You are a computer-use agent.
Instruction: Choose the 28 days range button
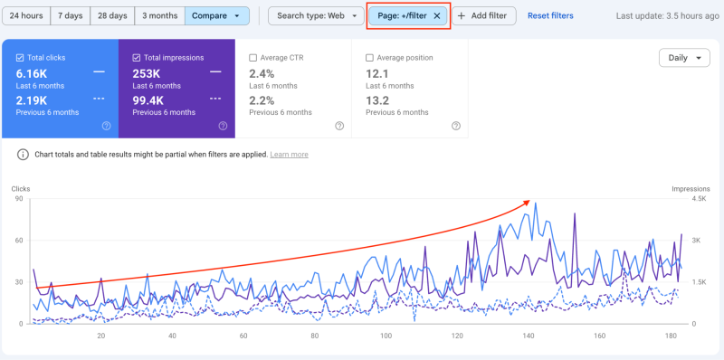click(x=112, y=16)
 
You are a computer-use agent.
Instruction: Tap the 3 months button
click(x=160, y=16)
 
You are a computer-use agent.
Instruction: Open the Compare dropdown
click(x=216, y=16)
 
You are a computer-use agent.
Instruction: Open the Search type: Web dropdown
click(x=316, y=16)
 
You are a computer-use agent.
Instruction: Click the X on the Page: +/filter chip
click(x=437, y=16)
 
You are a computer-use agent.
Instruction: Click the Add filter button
click(x=487, y=16)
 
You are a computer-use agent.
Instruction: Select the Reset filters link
click(x=550, y=16)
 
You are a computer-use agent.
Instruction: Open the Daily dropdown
click(x=684, y=58)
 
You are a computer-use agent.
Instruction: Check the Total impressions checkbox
click(x=137, y=58)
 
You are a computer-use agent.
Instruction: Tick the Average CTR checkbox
click(x=253, y=58)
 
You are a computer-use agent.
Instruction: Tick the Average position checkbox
click(x=369, y=58)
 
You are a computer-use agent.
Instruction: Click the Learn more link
click(x=289, y=155)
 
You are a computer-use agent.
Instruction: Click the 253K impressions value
click(x=148, y=73)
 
